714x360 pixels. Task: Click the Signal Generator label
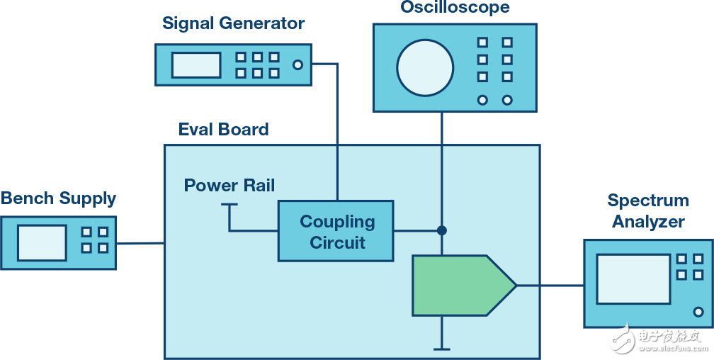coord(233,23)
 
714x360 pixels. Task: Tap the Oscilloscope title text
coord(454,8)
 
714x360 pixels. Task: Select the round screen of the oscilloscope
coord(424,67)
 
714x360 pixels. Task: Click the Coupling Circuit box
coord(336,231)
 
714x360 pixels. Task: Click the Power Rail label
coord(229,186)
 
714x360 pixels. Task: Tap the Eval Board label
coord(223,130)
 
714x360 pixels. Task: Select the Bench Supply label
coord(58,198)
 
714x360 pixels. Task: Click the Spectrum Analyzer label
coord(647,211)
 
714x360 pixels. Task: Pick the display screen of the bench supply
coord(42,242)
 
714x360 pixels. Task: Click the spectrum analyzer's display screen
coord(633,279)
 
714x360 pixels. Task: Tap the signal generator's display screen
coord(195,65)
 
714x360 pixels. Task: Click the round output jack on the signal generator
coord(297,65)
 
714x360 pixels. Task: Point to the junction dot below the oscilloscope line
coord(441,230)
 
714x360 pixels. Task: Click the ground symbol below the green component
coord(441,348)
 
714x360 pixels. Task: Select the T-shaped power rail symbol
coord(229,206)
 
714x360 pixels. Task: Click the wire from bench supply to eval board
coord(140,243)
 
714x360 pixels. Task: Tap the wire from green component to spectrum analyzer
coord(550,286)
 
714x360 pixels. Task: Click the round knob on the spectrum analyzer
coord(698,311)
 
